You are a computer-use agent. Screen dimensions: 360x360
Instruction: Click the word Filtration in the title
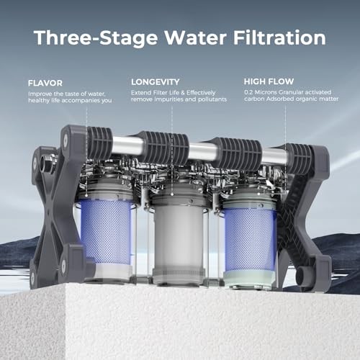(279, 37)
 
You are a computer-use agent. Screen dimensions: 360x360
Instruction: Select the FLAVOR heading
(45, 82)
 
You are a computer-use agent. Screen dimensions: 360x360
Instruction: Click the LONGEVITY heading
(156, 81)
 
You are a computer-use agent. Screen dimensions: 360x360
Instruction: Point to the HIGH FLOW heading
(268, 81)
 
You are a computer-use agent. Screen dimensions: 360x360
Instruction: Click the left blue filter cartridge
(107, 231)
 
